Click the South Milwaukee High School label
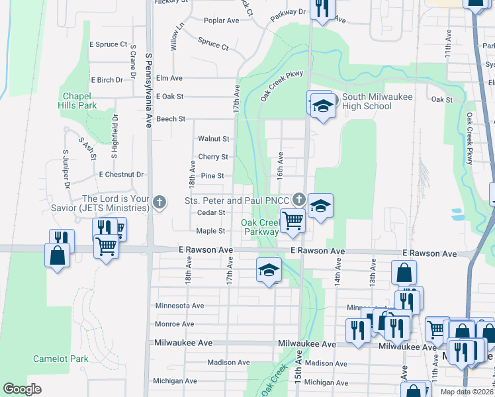377,101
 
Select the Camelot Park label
61,359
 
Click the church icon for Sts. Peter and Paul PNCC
299,199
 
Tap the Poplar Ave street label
221,21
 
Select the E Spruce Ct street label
108,44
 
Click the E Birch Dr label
107,80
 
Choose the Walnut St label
213,139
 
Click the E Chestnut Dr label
120,175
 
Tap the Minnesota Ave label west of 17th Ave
179,306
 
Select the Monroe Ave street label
174,324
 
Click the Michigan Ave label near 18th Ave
173,381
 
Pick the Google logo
22,389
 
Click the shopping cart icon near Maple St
292,221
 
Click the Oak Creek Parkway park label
260,227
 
